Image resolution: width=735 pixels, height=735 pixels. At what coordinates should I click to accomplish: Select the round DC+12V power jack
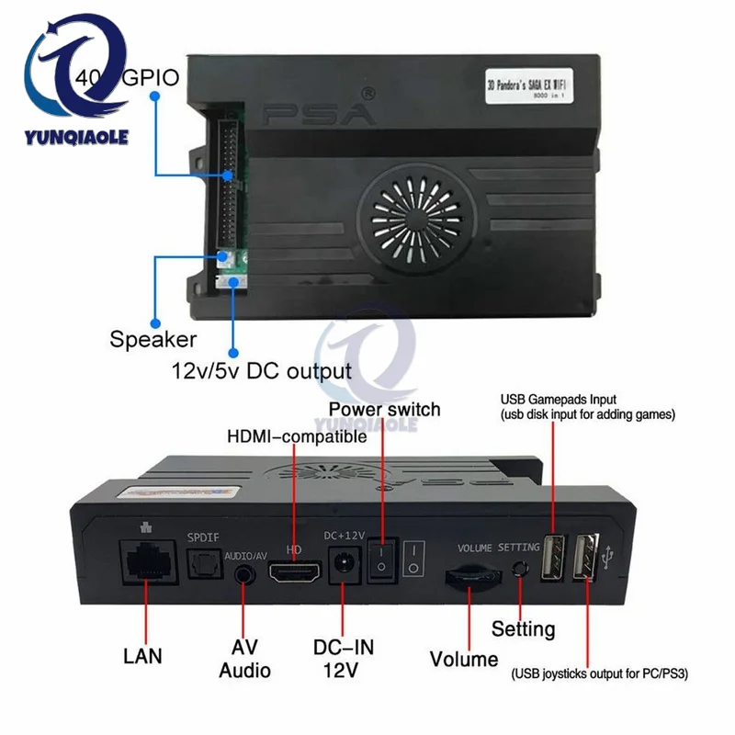343,562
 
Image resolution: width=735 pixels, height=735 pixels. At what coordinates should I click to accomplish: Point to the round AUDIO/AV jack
243,575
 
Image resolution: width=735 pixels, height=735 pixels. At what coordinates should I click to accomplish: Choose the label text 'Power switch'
384,409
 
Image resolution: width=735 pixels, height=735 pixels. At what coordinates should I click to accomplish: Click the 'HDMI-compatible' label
297,437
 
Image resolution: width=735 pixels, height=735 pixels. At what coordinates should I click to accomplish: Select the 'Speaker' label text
153,339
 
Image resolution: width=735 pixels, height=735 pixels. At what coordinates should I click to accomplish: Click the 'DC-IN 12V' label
345,658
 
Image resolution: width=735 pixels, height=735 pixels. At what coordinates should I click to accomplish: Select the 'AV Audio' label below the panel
244,658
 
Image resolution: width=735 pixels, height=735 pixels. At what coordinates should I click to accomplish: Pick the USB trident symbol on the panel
610,556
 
